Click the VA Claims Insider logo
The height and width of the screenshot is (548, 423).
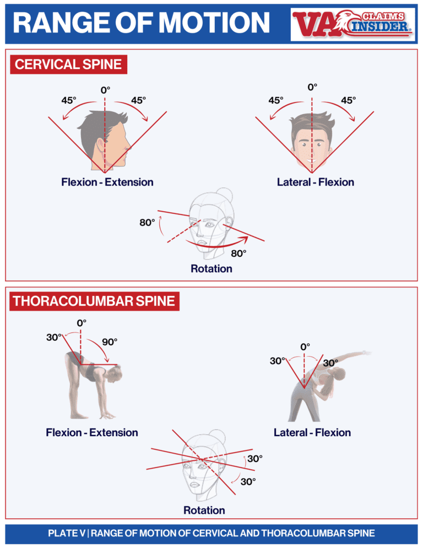pyautogui.click(x=352, y=24)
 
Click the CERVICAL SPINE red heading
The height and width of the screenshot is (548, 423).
pyautogui.click(x=68, y=65)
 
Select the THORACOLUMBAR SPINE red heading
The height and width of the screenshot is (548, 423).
pyautogui.click(x=94, y=301)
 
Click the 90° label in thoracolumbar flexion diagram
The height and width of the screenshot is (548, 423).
pyautogui.click(x=110, y=342)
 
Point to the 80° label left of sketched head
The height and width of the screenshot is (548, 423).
pyautogui.click(x=147, y=223)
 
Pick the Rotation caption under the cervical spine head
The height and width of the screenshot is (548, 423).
pyautogui.click(x=211, y=269)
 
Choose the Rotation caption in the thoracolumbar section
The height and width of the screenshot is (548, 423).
pyautogui.click(x=204, y=510)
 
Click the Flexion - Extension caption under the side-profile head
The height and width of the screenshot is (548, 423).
pyautogui.click(x=107, y=182)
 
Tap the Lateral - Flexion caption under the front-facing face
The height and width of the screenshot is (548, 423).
pyautogui.click(x=316, y=182)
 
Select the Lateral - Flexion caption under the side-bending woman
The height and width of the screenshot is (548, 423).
pyautogui.click(x=312, y=432)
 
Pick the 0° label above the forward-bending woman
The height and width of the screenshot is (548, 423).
pyautogui.click(x=82, y=323)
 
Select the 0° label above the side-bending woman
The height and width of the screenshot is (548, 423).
pyautogui.click(x=305, y=347)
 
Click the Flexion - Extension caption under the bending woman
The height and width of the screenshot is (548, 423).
pyautogui.click(x=92, y=432)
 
